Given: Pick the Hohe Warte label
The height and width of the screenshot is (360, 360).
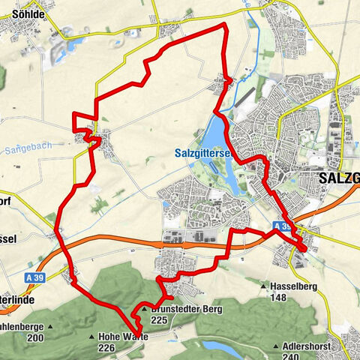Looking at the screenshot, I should pyautogui.click(x=124, y=337).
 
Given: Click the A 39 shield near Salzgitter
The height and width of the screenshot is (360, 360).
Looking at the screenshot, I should pyautogui.click(x=281, y=225).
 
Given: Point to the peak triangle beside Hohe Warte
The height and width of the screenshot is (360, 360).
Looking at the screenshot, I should pyautogui.click(x=92, y=337).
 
